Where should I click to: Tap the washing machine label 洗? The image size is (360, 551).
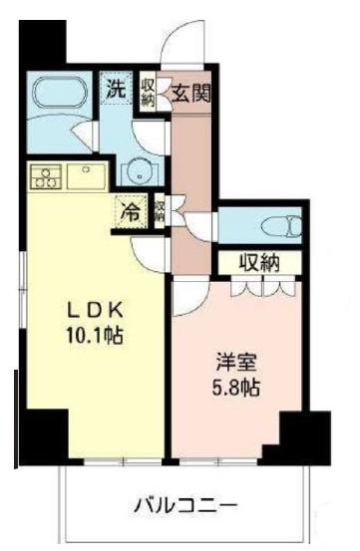[x=116, y=90]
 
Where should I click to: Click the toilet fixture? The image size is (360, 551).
[x=282, y=225]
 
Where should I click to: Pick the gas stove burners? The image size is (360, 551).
[x=47, y=176]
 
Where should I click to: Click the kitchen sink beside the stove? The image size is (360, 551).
[x=86, y=176]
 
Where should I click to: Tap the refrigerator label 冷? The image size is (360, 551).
[x=130, y=212]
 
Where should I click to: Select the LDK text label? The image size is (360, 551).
[x=95, y=311]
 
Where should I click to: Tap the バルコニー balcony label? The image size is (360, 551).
[x=186, y=506]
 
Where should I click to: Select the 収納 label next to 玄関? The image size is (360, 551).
[x=148, y=92]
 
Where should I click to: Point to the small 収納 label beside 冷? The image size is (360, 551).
[x=160, y=211]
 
